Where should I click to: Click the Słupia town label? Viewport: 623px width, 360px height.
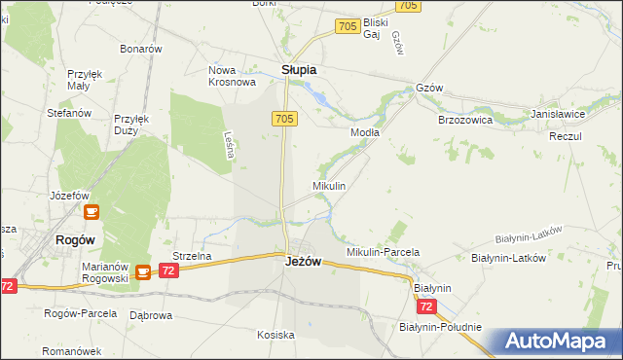click(299, 70)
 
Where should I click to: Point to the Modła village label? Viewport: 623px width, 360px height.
click(365, 131)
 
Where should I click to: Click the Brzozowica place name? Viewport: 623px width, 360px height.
click(465, 120)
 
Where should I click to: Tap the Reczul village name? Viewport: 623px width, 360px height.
click(565, 136)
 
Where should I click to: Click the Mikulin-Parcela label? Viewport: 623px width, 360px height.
click(383, 252)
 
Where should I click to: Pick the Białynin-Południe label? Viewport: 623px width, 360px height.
click(440, 327)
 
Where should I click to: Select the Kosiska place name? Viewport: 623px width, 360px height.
click(275, 335)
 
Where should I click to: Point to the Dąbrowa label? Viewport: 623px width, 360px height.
click(151, 315)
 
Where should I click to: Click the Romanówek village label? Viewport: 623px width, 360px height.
click(72, 350)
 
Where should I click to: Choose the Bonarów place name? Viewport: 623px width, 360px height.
click(140, 48)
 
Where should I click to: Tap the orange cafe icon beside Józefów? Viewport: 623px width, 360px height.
click(91, 211)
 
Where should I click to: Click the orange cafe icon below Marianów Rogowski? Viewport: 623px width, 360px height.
click(143, 273)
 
